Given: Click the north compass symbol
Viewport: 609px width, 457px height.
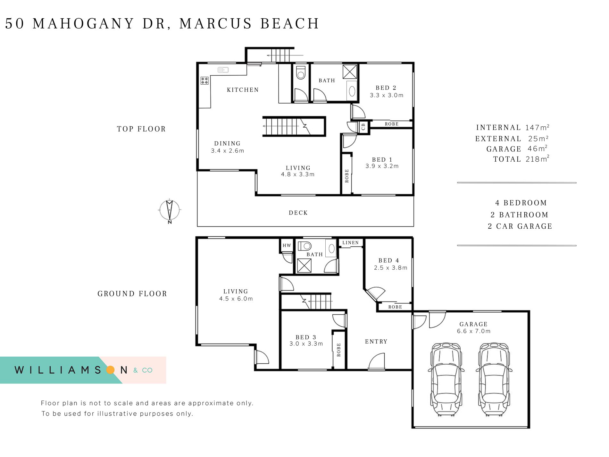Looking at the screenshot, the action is tap(170, 211).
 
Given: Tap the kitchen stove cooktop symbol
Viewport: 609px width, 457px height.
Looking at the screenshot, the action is tap(204, 80).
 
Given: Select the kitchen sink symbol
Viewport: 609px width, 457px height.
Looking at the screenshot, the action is tap(223, 70).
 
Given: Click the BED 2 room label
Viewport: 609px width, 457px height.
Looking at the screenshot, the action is tap(386, 88).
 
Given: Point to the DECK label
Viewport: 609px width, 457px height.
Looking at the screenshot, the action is tap(298, 213).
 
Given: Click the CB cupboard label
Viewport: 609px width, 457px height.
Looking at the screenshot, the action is tap(363, 127).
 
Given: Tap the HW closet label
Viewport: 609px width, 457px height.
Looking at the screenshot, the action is tap(287, 246).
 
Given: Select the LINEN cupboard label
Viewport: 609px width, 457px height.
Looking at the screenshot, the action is tap(350, 243).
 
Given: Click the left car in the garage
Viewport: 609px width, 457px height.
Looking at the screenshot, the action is tap(446, 379).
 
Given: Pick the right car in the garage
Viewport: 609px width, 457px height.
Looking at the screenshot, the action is tap(494, 379).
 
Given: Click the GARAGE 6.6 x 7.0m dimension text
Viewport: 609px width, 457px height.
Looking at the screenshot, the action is tap(474, 331).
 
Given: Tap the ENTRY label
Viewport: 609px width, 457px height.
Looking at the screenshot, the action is tap(376, 342).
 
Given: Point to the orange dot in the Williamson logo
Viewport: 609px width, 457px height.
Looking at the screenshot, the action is tap(110, 370).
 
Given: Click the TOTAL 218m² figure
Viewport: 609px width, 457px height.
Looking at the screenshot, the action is tap(521, 159).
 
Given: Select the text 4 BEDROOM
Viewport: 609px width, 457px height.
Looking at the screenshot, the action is tap(521, 203).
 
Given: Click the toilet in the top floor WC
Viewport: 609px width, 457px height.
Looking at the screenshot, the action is tap(301, 73).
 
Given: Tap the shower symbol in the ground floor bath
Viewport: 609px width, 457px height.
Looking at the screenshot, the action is tap(304, 266).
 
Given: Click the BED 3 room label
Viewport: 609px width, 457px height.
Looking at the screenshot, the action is tap(306, 337).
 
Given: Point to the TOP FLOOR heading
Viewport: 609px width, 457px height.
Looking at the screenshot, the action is tap(141, 129).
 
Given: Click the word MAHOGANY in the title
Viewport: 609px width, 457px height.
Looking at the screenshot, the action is tap(83, 23).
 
